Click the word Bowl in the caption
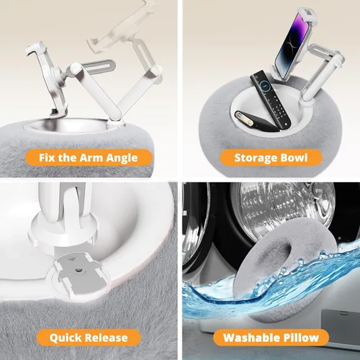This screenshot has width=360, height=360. [294, 158]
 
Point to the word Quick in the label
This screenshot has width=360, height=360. [66, 338]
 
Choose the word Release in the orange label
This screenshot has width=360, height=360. [107, 338]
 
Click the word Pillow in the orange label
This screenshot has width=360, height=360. [301, 338]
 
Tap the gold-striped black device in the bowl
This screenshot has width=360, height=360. [257, 121]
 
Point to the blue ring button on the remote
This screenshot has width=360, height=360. [265, 84]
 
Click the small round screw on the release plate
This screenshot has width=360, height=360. [78, 271]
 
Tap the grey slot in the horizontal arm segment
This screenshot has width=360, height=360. [98, 66]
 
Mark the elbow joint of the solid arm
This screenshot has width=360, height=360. [75, 69]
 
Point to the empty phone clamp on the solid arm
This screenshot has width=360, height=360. [47, 78]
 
